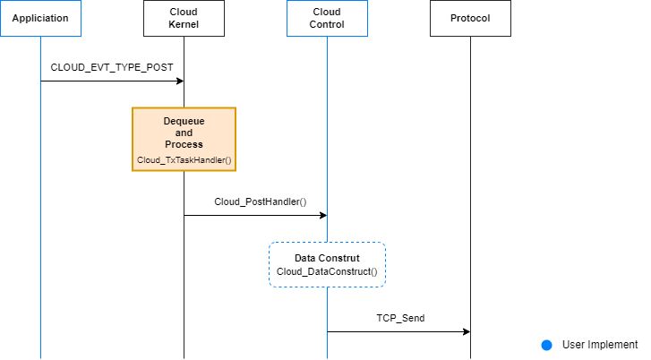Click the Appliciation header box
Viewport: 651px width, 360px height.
pyautogui.click(x=40, y=18)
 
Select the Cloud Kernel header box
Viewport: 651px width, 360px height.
pyautogui.click(x=184, y=18)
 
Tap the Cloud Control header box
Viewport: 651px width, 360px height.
pyautogui.click(x=327, y=18)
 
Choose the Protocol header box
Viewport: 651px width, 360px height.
pyautogui.click(x=470, y=18)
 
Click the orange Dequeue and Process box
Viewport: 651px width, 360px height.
pyautogui.click(x=184, y=139)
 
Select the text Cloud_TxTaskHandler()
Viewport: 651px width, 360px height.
pyautogui.click(x=184, y=159)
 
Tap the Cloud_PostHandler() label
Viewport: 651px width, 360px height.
pyautogui.click(x=261, y=201)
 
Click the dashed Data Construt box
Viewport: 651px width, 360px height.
pyautogui.click(x=327, y=264)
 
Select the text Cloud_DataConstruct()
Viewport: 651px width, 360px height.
pyautogui.click(x=327, y=271)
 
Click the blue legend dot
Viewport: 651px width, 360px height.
pyautogui.click(x=546, y=345)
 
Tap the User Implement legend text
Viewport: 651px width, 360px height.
pyautogui.click(x=600, y=345)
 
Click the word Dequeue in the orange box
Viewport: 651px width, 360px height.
pyautogui.click(x=184, y=121)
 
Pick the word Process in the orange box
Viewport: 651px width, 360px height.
pyautogui.click(x=184, y=144)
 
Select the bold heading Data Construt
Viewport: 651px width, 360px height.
pyautogui.click(x=327, y=258)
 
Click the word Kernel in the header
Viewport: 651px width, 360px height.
pyautogui.click(x=184, y=24)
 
